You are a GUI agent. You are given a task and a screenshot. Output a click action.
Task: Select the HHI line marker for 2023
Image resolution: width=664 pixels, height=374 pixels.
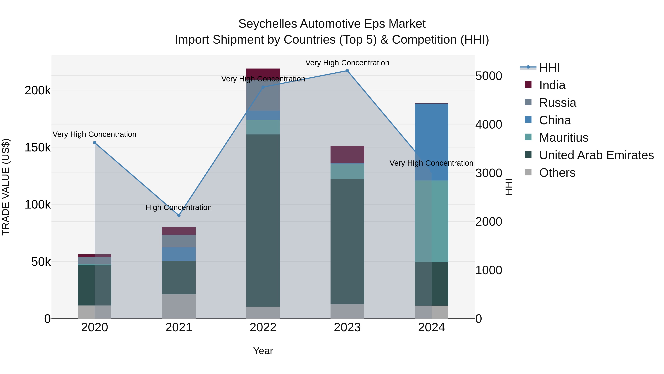tap(347, 71)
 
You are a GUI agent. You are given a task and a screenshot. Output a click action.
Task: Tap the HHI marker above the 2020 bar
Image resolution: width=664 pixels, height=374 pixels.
tap(95, 143)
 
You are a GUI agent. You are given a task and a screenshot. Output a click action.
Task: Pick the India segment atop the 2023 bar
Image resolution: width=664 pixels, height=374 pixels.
tap(347, 154)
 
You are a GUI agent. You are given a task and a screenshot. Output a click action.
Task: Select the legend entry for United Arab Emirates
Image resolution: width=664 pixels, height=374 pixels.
tap(596, 155)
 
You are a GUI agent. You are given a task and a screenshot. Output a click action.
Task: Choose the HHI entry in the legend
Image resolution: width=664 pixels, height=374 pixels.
tap(549, 68)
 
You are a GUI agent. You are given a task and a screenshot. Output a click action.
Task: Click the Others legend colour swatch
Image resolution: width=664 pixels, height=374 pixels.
tap(528, 172)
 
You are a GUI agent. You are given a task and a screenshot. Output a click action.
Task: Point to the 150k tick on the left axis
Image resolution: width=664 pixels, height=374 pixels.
tap(38, 148)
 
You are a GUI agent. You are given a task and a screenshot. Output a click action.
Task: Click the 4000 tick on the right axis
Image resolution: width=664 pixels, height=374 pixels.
tap(488, 124)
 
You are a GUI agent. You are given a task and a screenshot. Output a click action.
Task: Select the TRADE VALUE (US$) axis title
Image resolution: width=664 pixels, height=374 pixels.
tap(6, 187)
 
